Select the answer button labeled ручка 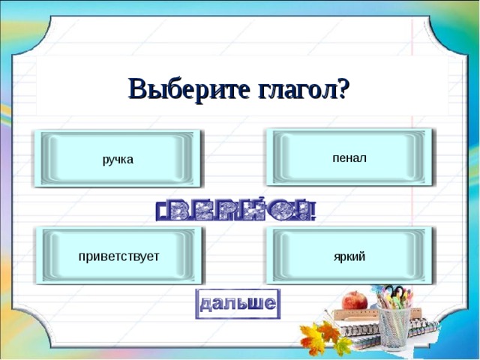point(118,158)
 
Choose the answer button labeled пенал point(349,157)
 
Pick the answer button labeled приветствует point(118,256)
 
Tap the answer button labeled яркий point(349,256)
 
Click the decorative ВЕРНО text point(236,211)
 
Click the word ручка point(118,159)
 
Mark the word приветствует point(118,256)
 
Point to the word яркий point(349,256)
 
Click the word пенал point(349,157)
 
